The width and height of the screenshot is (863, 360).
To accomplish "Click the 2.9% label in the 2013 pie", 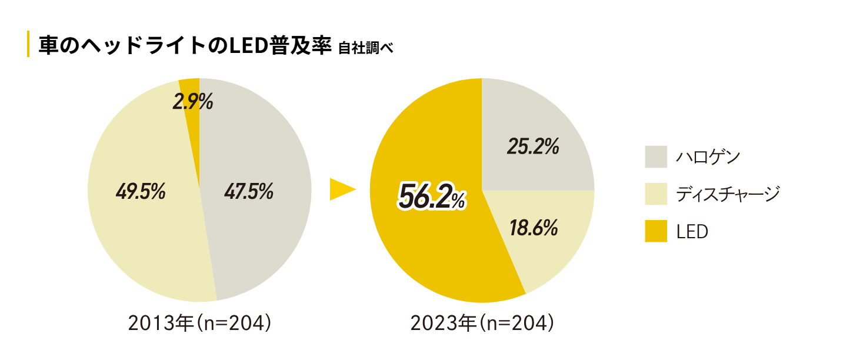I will click(192, 103).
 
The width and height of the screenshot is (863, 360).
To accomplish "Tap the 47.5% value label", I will click(249, 191).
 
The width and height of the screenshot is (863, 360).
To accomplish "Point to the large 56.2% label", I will click(432, 197).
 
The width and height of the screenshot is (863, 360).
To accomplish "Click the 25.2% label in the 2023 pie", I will click(533, 147).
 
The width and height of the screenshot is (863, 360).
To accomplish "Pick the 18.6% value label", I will click(533, 228).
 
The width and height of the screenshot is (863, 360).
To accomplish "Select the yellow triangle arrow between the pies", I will click(342, 189).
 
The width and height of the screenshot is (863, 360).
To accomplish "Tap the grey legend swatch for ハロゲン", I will click(656, 157).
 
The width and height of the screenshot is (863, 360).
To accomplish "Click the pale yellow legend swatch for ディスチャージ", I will click(656, 194).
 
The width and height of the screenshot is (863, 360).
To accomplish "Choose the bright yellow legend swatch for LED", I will click(656, 231).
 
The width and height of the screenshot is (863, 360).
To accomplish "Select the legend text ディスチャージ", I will click(728, 194).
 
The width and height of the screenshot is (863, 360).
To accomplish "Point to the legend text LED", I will click(692, 232).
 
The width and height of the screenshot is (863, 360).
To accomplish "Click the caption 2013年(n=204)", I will click(199, 323).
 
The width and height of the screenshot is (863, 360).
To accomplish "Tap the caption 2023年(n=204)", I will click(482, 323).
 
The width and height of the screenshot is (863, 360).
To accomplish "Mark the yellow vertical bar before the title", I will click(28, 44).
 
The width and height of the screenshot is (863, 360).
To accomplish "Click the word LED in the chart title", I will click(246, 45).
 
